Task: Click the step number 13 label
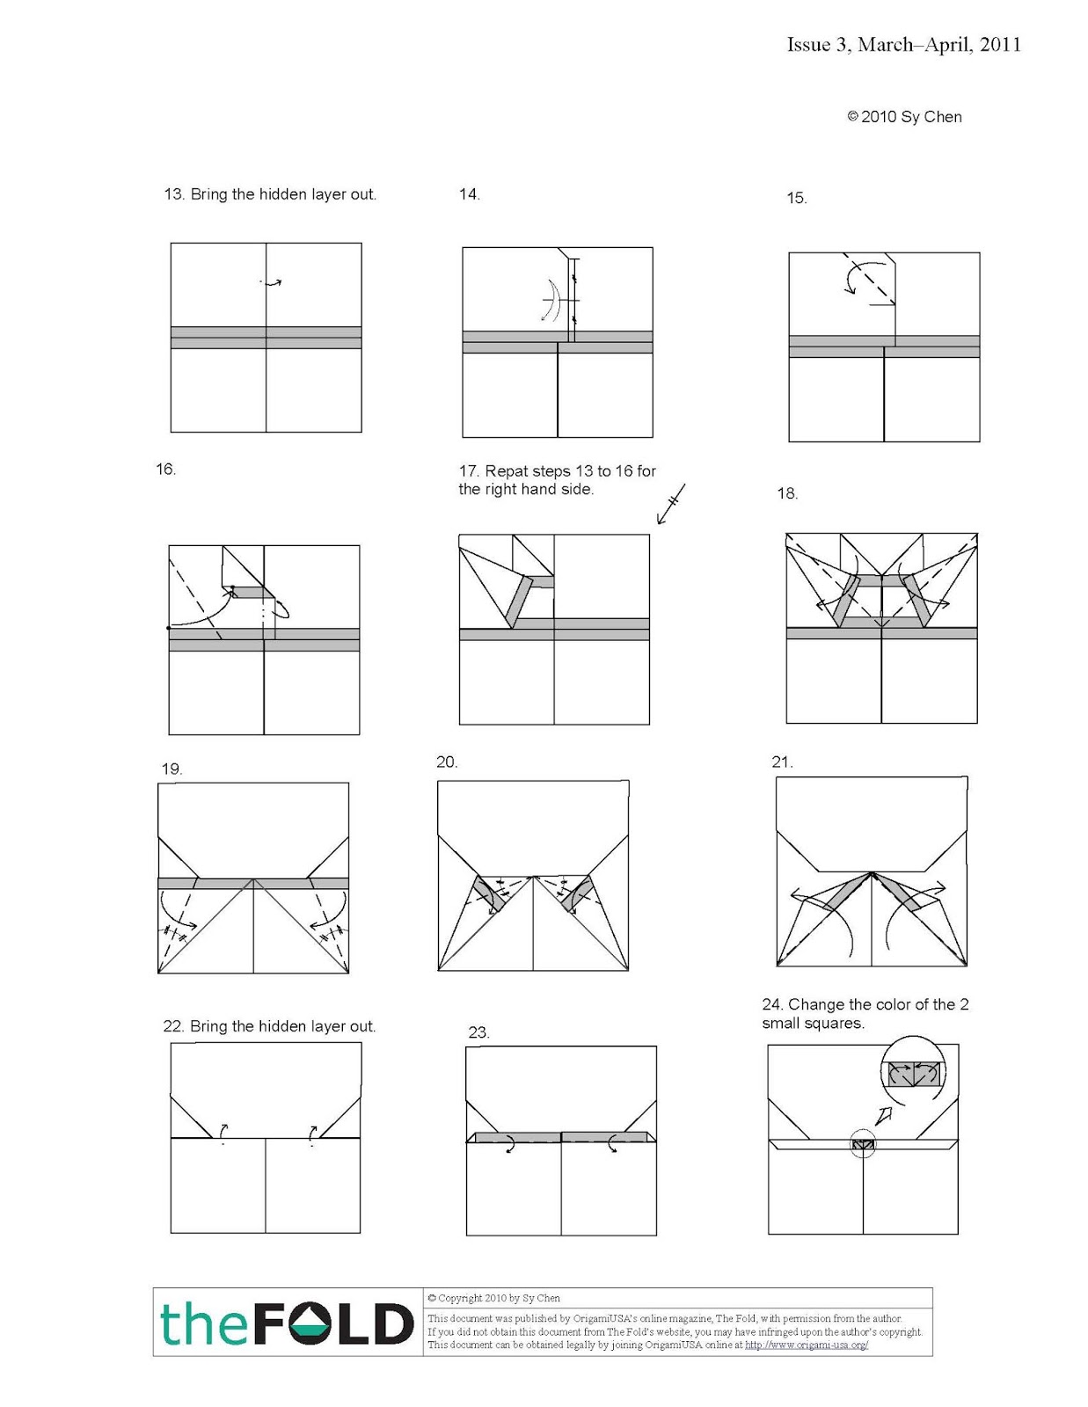click(x=172, y=194)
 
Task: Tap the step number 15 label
click(x=796, y=199)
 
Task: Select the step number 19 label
click(x=171, y=769)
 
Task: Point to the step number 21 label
click(x=781, y=762)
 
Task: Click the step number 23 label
click(x=478, y=1032)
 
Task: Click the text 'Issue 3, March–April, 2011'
click(x=903, y=45)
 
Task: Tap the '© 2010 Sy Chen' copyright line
click(x=904, y=117)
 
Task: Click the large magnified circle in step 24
click(x=914, y=1074)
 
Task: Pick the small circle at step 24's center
click(x=863, y=1144)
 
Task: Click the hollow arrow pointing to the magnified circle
click(x=885, y=1116)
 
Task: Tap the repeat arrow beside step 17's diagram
click(x=670, y=504)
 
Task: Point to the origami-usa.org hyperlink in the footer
click(x=806, y=1345)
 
